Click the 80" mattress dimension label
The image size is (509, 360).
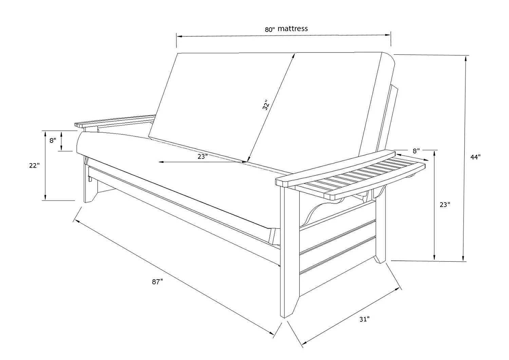pos(286,29)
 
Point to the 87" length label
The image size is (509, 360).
pos(157,282)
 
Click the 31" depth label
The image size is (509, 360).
pos(364,319)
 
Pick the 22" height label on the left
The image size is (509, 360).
pos(34,166)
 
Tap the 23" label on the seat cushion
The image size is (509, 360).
pos(203,156)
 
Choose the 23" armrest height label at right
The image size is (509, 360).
pos(445,205)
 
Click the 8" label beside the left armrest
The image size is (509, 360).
pos(53,140)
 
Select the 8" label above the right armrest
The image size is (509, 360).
pos(416,151)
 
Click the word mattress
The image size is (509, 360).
pos(293,29)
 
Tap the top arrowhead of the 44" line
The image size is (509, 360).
pos(466,59)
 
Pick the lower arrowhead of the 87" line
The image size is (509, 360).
pos(271,333)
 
